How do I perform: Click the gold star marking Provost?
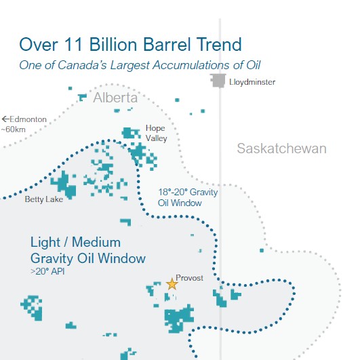click(x=172, y=284)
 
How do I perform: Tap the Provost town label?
click(x=189, y=278)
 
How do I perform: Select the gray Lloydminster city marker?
click(x=218, y=81)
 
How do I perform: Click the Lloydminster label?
click(x=252, y=82)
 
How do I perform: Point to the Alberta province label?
click(x=115, y=98)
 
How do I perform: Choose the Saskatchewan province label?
click(x=282, y=148)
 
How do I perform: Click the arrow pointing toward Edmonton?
click(x=5, y=119)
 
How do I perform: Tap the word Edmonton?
click(x=28, y=119)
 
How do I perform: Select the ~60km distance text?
click(x=14, y=129)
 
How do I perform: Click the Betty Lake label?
click(x=44, y=199)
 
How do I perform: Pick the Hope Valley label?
click(x=157, y=133)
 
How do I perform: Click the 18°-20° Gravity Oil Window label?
click(x=188, y=197)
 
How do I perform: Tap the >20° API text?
click(x=47, y=271)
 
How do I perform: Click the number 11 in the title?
click(x=73, y=44)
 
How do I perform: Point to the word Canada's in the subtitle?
click(x=82, y=65)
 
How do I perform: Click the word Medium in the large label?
click(x=96, y=243)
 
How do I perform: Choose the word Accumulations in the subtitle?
click(x=192, y=65)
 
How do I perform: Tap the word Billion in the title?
click(x=113, y=44)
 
